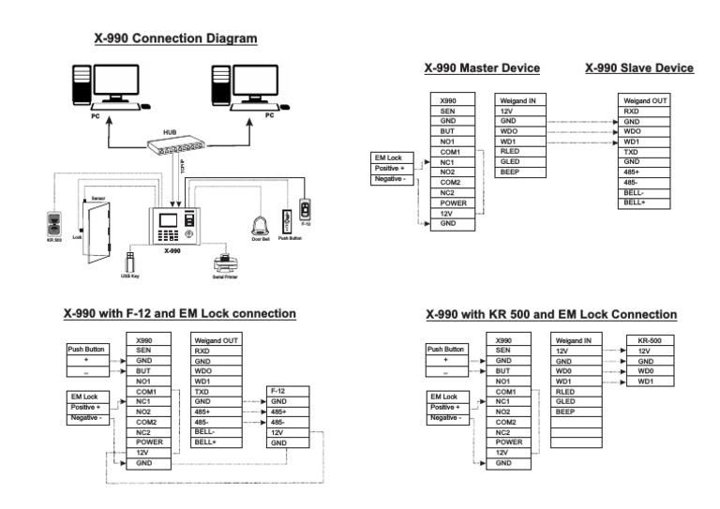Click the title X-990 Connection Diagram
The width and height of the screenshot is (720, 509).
175,39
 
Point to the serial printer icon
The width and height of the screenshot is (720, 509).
223,260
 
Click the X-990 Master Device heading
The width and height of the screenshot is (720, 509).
482,68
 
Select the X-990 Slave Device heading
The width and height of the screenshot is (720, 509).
639,68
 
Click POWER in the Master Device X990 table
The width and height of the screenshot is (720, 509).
453,203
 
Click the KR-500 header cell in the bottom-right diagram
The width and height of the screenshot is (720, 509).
650,341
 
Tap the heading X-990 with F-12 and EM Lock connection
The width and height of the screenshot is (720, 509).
179,313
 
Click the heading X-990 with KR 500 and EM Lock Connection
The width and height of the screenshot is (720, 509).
550,314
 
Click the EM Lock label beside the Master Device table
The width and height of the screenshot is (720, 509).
388,157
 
